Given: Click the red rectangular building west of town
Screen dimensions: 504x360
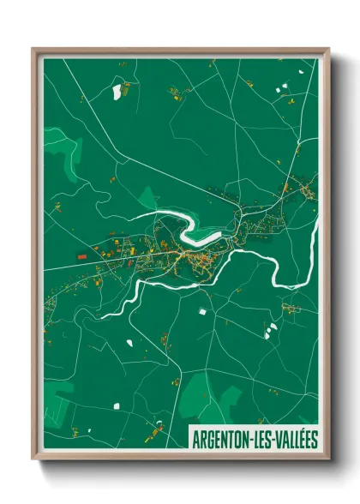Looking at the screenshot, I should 82,255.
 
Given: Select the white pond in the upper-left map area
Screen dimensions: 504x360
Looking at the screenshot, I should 117,92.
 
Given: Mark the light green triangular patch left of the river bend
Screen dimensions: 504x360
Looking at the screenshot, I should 147,199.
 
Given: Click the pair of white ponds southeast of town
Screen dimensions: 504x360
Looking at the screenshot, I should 271,329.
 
